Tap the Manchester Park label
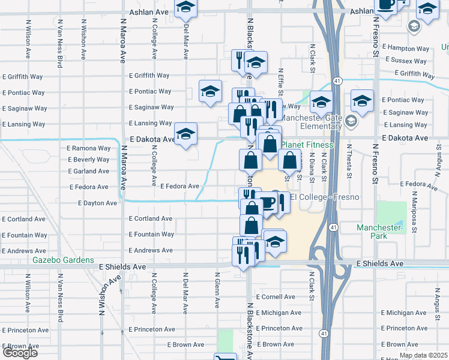(x=378, y=232)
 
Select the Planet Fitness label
(x=307, y=145)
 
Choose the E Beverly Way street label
(x=89, y=160)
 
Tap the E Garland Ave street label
(x=89, y=171)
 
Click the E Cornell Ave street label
(x=276, y=297)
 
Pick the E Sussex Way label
(x=408, y=60)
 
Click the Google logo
(x=20, y=352)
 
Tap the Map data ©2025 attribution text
(x=423, y=355)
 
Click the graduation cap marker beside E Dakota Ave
(x=185, y=134)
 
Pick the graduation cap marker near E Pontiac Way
(x=209, y=92)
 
